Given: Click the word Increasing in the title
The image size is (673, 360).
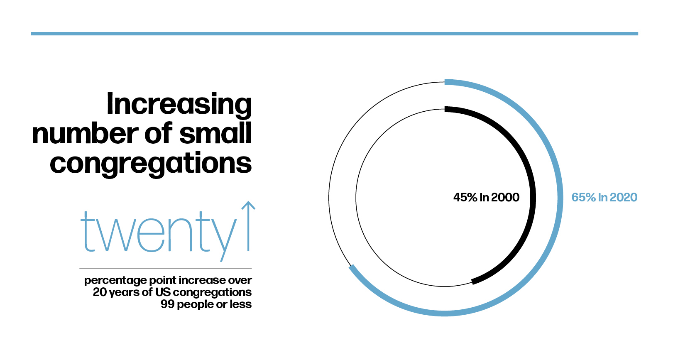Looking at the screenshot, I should click(x=179, y=105).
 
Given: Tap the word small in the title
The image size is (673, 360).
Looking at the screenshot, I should click(x=215, y=134).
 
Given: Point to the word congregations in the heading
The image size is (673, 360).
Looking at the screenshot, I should click(x=151, y=164).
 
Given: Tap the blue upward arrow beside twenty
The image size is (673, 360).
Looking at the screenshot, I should click(x=248, y=226).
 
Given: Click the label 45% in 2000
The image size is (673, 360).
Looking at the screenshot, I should click(x=486, y=197).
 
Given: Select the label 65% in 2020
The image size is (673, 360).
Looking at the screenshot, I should click(x=604, y=197).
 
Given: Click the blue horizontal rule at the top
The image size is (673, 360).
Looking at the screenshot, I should click(x=334, y=34).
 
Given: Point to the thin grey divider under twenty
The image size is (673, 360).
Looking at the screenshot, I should click(x=166, y=268).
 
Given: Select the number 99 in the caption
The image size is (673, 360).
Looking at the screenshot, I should click(x=167, y=304).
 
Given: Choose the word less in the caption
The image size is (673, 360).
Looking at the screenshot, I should click(x=241, y=304).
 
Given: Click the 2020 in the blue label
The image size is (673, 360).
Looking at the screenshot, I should click(x=624, y=197).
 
